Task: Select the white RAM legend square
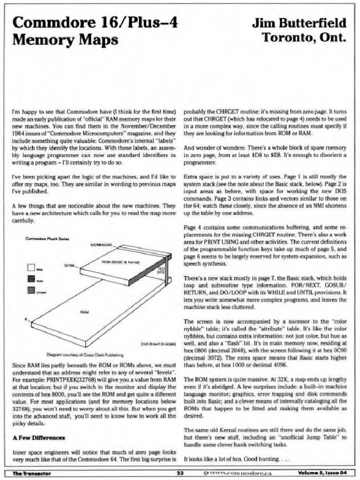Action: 31,269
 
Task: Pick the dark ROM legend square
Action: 31,279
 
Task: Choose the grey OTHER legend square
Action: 31,290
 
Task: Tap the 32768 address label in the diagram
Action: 70,265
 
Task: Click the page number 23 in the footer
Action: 180,472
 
